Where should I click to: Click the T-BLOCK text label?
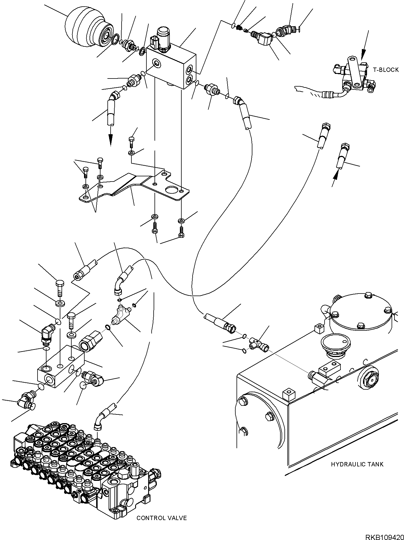click(x=386, y=70)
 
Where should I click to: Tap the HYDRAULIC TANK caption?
click(x=357, y=472)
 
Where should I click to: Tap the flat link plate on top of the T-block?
click(x=354, y=74)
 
